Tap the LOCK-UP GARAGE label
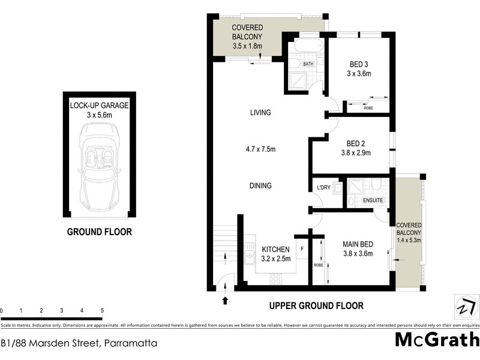point(99,105)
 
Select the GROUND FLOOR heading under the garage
point(99,232)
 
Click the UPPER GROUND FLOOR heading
point(316,306)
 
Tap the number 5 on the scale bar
point(102,310)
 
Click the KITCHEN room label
point(275,249)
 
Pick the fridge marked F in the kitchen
point(302,248)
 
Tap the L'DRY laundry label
point(323,188)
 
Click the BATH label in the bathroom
point(308,64)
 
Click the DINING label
point(261,185)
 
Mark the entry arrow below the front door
point(226,300)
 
